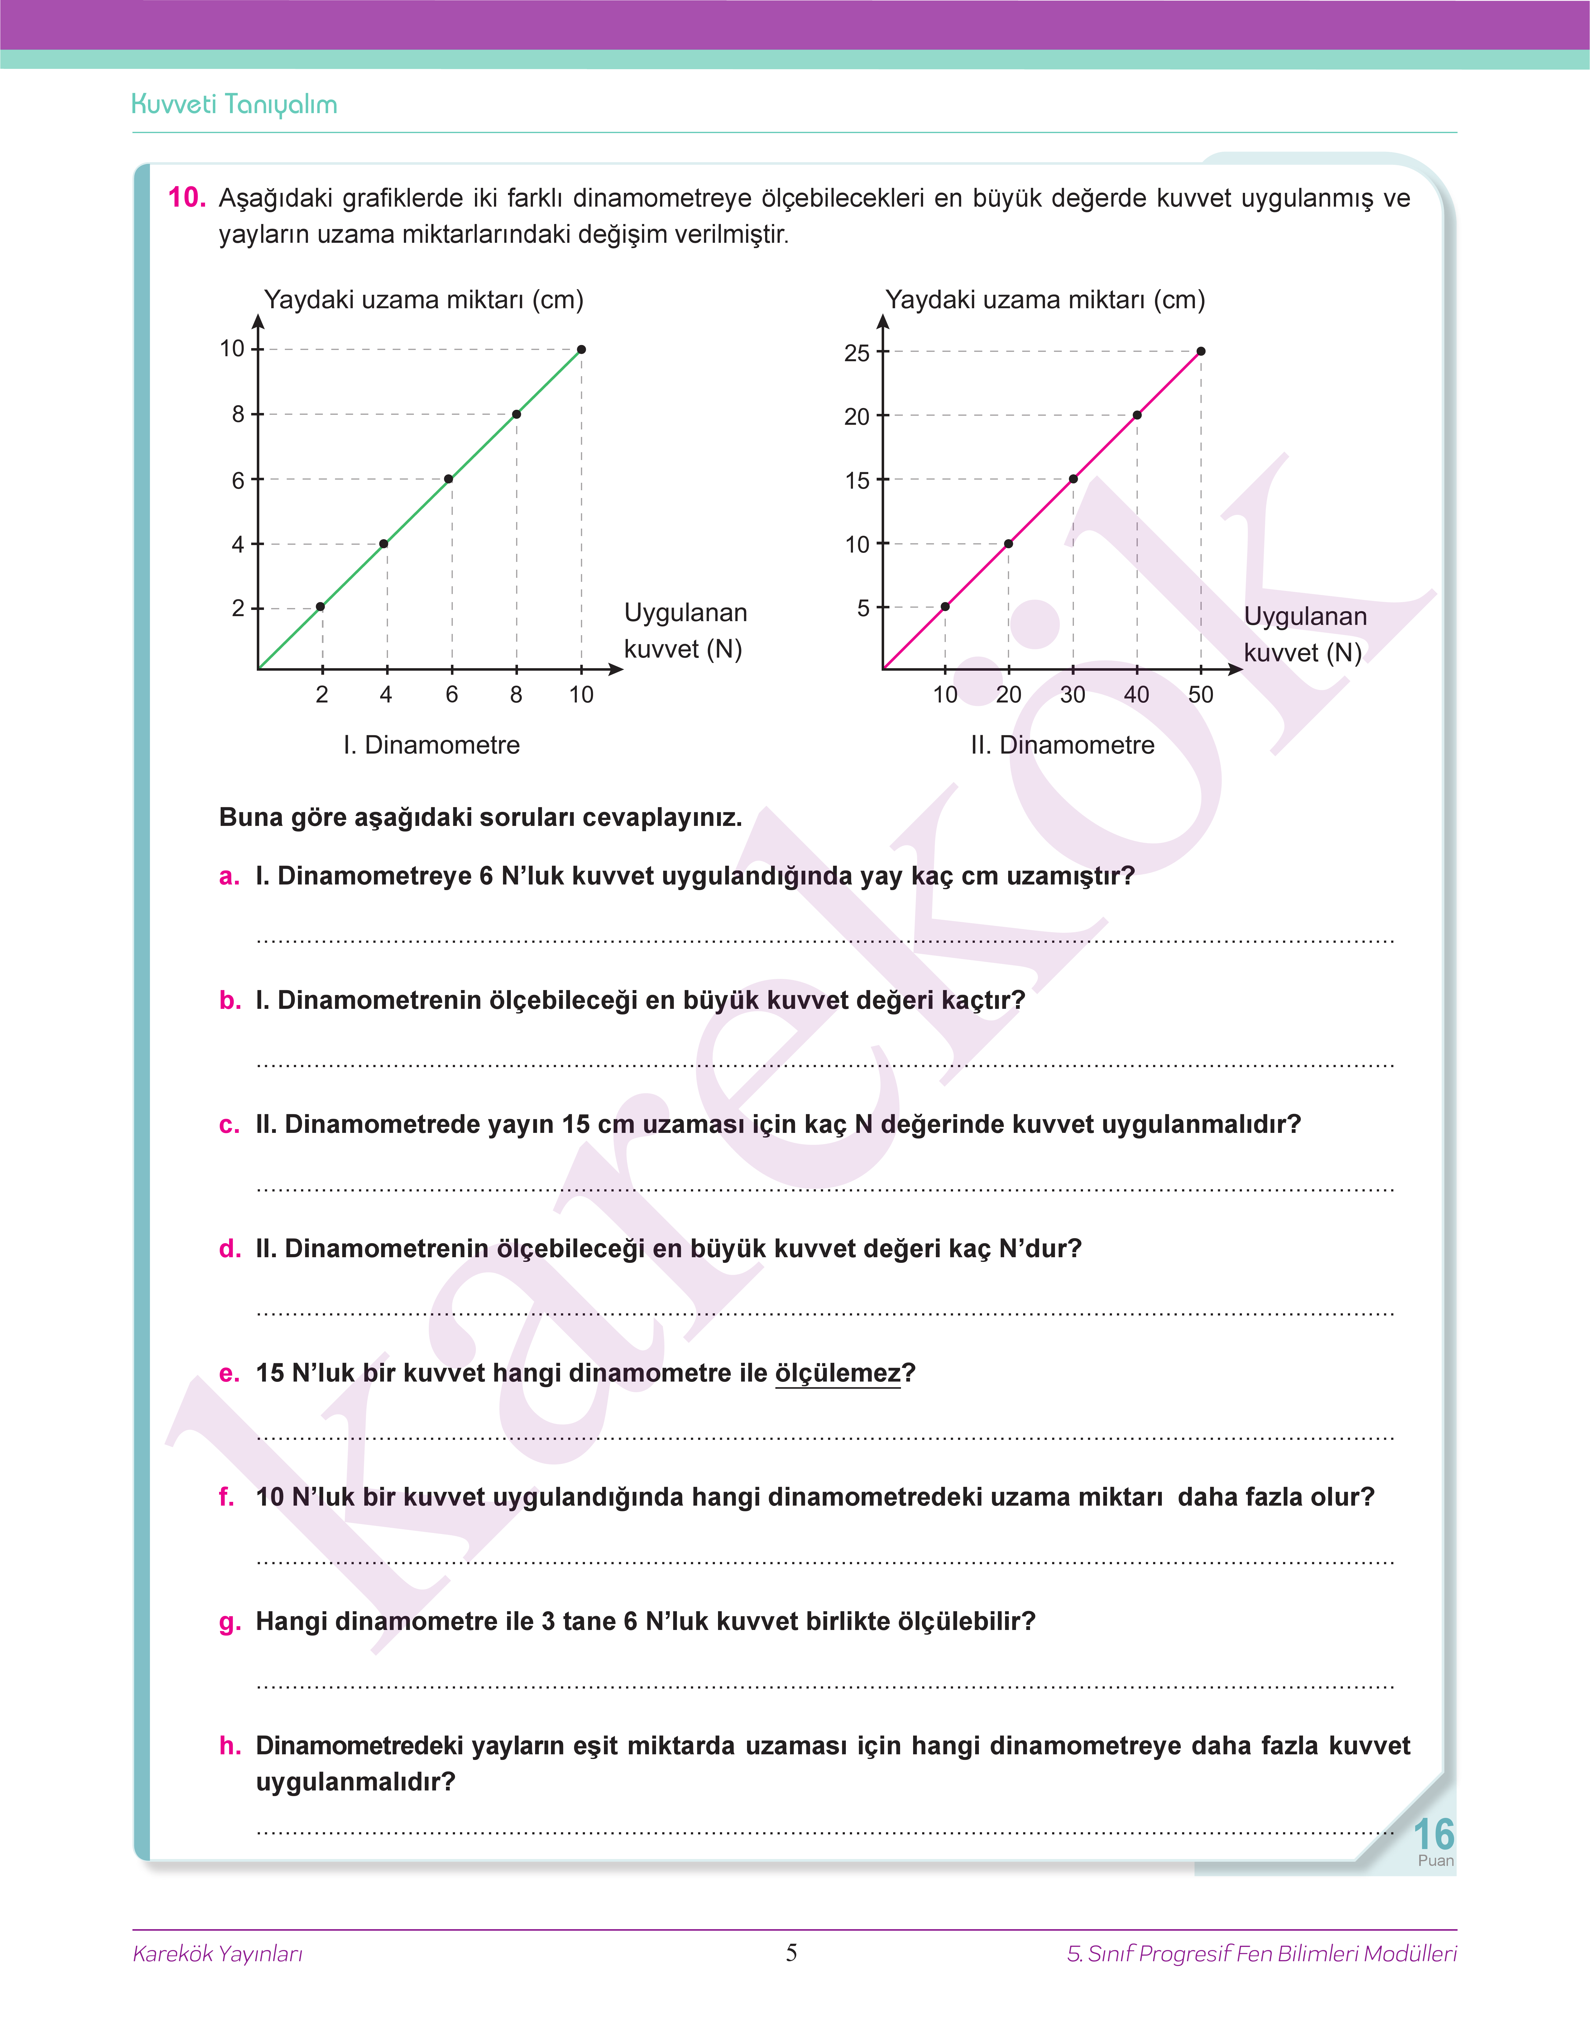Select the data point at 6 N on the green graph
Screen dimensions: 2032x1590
tap(449, 479)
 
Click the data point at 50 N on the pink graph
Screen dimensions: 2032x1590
tap(1201, 352)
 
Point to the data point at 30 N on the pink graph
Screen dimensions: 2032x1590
tap(1073, 479)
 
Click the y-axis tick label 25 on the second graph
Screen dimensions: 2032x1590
tap(856, 354)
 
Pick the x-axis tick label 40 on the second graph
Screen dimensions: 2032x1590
tap(1137, 694)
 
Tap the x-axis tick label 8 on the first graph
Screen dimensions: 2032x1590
tap(516, 694)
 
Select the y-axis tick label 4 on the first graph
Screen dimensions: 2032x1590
tap(238, 544)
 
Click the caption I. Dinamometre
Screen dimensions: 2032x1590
tap(431, 745)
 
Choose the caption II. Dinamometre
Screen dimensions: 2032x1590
tap(1062, 745)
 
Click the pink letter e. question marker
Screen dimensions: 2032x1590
tap(229, 1374)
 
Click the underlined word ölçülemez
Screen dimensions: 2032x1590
tap(838, 1374)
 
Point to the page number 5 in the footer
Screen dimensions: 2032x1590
tap(791, 1953)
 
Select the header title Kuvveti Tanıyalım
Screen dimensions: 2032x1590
tap(235, 104)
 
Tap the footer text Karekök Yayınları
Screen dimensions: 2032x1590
tap(218, 1954)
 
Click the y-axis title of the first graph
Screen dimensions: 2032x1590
tap(424, 300)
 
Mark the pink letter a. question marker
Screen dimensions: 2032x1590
tap(229, 877)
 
